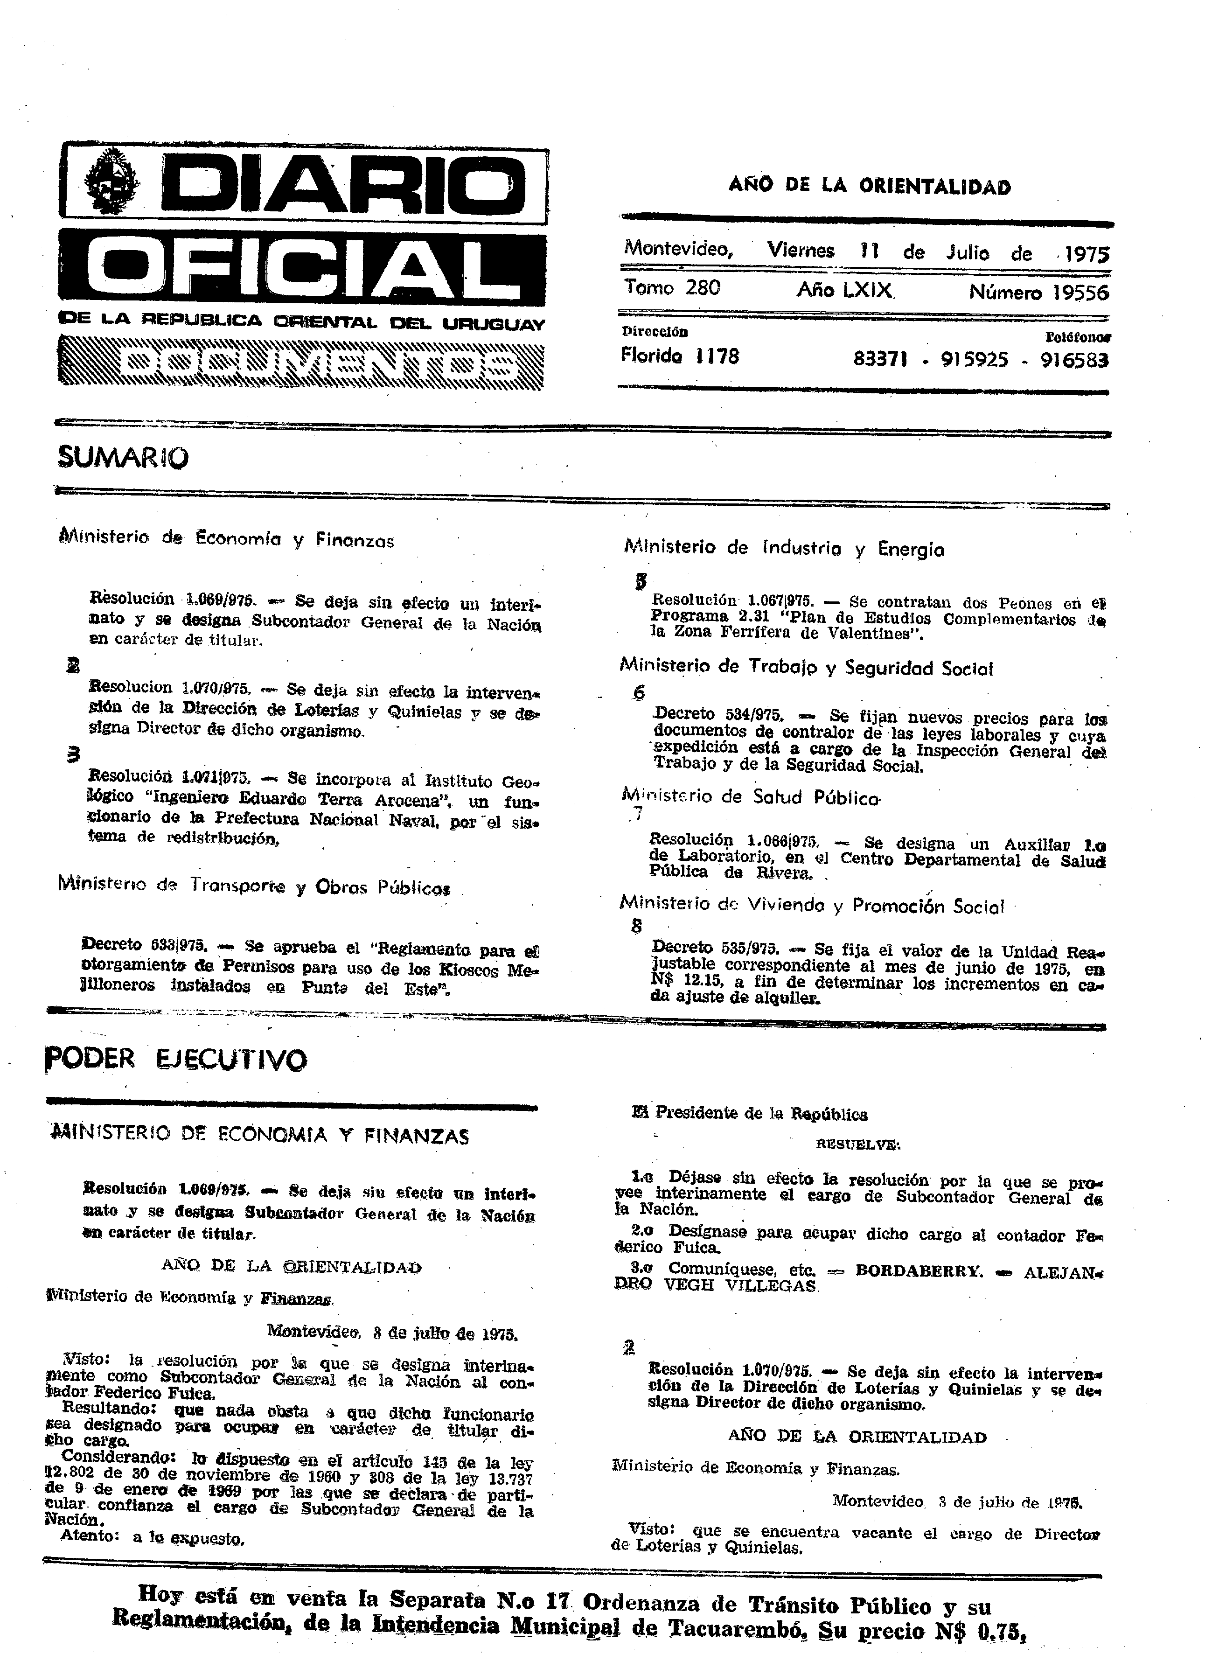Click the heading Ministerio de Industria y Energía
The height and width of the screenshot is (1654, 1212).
click(784, 549)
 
